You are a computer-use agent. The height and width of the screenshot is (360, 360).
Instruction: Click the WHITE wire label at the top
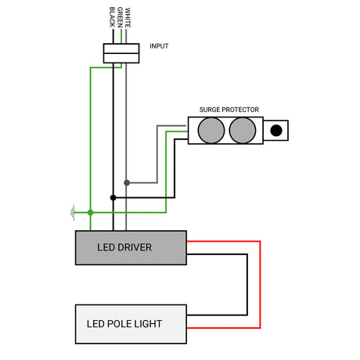click(128, 16)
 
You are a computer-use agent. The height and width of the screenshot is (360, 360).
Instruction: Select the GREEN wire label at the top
click(120, 16)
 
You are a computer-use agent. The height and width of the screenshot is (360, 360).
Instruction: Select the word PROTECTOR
click(241, 110)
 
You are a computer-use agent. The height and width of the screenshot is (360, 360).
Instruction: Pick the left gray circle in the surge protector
click(211, 130)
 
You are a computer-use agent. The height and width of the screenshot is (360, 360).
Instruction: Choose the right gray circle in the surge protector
click(243, 130)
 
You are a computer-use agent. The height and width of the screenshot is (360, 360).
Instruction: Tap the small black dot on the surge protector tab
click(275, 131)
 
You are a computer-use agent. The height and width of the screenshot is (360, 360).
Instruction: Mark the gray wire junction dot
click(126, 182)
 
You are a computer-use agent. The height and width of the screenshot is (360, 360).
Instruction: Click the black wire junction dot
click(113, 197)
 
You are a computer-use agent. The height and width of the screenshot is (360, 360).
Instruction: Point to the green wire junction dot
click(91, 212)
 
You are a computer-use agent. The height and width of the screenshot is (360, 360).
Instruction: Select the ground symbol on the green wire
click(73, 212)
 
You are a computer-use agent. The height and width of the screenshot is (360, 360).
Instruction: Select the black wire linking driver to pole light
click(247, 285)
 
